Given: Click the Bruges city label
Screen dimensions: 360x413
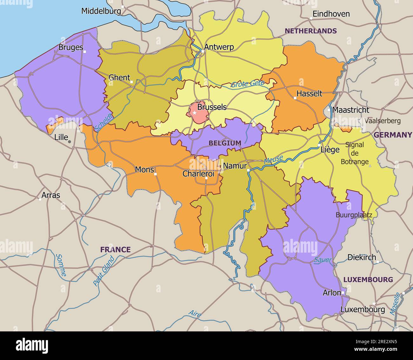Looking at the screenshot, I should point(71,48).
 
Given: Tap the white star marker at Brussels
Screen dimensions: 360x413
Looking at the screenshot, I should point(194,113).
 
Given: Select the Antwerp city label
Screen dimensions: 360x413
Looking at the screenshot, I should point(219,47).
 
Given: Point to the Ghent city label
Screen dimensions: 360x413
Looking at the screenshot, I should point(119,78).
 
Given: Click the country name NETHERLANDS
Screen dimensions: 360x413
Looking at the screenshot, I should point(310,31).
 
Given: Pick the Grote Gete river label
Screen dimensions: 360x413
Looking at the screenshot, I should point(247,84).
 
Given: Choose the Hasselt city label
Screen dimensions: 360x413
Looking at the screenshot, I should point(309,93).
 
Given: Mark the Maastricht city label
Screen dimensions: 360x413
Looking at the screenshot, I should point(351,110).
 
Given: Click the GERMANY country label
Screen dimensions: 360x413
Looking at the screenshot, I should point(392,135).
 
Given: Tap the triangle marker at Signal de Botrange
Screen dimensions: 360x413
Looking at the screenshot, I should point(370,166).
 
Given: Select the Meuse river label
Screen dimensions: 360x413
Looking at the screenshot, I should point(273,160).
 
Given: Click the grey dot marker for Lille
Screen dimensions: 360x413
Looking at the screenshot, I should point(70,141).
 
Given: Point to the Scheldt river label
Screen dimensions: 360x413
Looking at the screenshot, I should point(104,123).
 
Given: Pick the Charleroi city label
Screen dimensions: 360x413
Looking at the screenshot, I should point(198,174).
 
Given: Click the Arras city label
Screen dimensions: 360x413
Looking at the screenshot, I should point(51,195).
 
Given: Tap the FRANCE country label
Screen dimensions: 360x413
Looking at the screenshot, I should point(115,250).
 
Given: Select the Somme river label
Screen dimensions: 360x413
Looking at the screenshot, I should point(61,265).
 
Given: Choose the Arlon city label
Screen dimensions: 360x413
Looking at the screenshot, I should point(332,293).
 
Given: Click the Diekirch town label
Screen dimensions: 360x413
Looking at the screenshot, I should point(362,257).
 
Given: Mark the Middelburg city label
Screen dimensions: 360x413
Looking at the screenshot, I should point(101,11).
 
